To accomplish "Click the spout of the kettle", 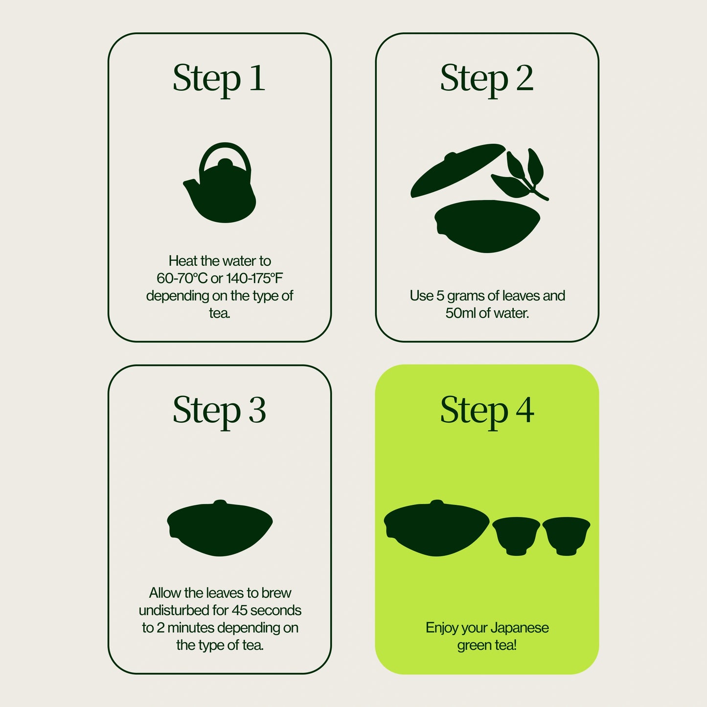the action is [x=191, y=187].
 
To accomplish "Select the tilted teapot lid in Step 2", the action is [x=457, y=170].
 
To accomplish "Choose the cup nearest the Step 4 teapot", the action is [x=516, y=536].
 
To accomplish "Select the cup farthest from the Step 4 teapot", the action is [x=566, y=536].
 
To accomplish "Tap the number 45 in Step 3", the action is [x=240, y=610].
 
